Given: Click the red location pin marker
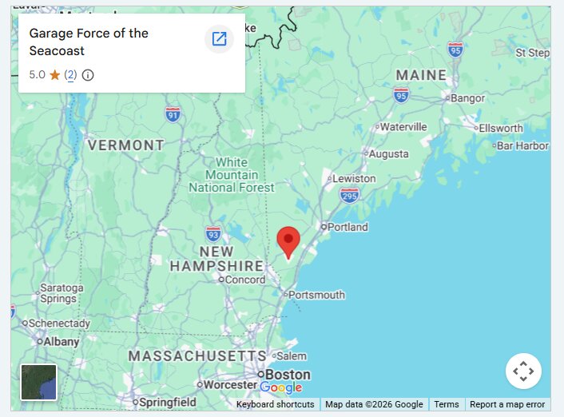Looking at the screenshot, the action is coord(288,241).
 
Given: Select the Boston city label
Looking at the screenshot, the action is coord(288,374).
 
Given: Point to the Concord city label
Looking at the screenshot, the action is coord(244,280).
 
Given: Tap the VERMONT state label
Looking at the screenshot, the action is coord(125,145).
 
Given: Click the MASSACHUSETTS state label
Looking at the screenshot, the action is coord(197,355).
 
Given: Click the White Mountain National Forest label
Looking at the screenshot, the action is coord(232,175).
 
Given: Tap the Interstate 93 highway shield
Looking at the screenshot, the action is coord(213,233).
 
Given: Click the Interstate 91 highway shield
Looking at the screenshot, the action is coord(173,115).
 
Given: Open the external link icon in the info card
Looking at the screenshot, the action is coord(219,38).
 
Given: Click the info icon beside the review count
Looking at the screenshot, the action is coord(88,75).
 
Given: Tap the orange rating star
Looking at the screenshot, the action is coord(54,75).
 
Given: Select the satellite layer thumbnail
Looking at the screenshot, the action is coord(38,382).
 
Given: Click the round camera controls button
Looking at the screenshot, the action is coord(523,371).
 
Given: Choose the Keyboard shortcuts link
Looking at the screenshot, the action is coord(275,404).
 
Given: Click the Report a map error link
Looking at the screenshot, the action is coord(507,404).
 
